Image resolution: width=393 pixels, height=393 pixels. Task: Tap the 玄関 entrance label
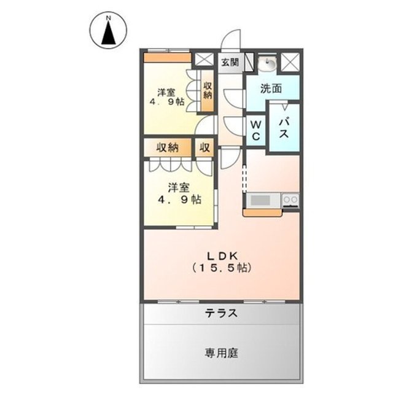(x=230, y=61)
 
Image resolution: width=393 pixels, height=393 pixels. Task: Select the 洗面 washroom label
(x=271, y=88)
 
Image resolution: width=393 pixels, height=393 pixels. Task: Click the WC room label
(x=255, y=130)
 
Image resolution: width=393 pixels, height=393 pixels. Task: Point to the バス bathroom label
(x=284, y=130)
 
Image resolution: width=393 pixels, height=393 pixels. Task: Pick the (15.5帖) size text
(x=222, y=268)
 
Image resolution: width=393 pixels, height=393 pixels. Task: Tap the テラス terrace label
(x=222, y=313)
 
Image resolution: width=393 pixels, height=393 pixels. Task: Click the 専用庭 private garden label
(x=222, y=353)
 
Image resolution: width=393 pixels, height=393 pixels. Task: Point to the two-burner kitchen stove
(x=290, y=200)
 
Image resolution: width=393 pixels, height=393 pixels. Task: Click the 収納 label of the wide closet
(x=166, y=147)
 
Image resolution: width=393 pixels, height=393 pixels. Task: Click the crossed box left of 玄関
(x=203, y=60)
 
